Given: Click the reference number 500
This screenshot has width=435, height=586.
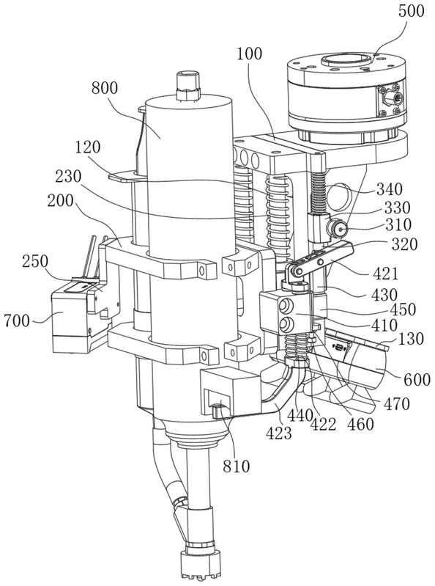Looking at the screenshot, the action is click(x=411, y=10).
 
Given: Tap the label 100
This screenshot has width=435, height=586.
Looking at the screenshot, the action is click(x=249, y=54).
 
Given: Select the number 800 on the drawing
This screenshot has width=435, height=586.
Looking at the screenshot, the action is click(x=105, y=89).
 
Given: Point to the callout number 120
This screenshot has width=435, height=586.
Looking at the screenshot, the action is click(x=88, y=147).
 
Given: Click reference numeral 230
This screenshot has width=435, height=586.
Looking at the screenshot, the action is click(x=68, y=176).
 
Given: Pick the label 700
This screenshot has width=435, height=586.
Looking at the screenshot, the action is click(x=16, y=321).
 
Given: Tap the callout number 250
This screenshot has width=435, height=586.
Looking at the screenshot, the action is click(x=34, y=262).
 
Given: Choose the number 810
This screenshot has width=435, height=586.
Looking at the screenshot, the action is click(x=237, y=466).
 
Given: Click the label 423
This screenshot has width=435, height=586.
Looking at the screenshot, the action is click(x=279, y=433).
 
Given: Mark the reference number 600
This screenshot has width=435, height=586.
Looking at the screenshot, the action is click(x=417, y=380).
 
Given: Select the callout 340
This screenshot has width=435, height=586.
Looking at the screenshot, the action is click(x=390, y=189).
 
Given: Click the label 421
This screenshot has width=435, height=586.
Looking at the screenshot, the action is click(x=386, y=274).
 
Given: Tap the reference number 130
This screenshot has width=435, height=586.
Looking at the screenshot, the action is click(x=412, y=339).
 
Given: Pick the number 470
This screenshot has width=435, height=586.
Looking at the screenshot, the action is click(x=397, y=403).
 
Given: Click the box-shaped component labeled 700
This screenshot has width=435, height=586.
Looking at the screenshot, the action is click(x=71, y=321).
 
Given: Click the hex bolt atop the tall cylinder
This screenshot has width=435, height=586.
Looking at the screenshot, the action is click(x=188, y=85).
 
